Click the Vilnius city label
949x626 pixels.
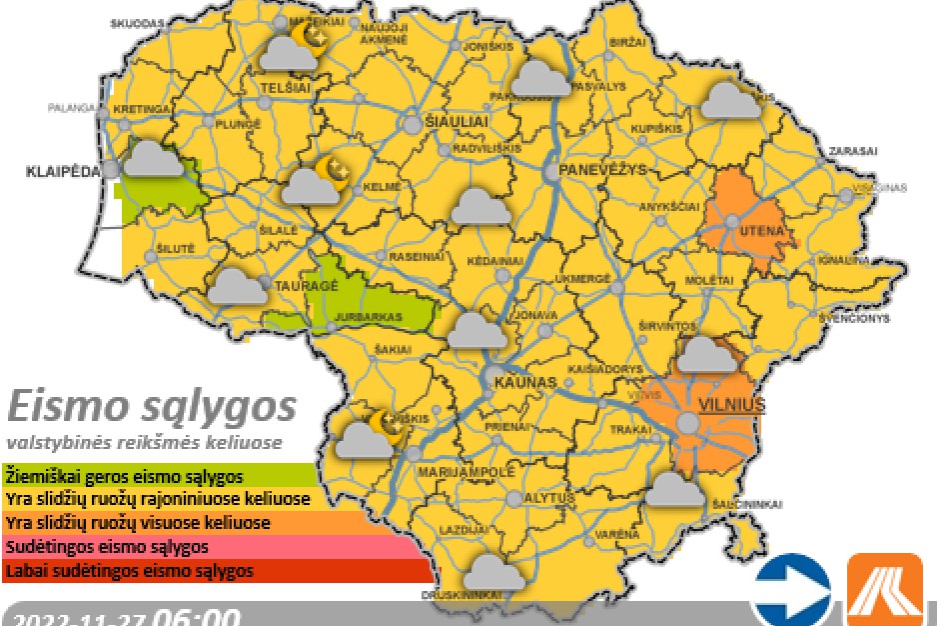point(731,405)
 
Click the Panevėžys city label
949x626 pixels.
point(603,169)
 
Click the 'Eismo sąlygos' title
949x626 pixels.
point(152,407)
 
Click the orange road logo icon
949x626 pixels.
point(884,589)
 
